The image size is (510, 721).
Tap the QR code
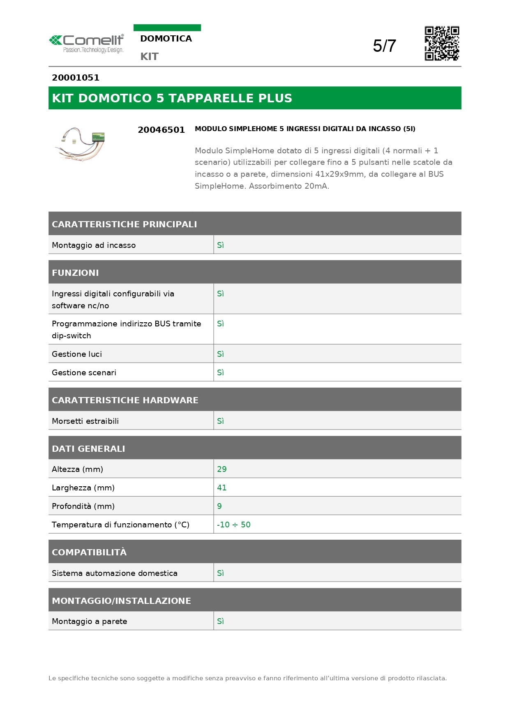pyautogui.click(x=442, y=43)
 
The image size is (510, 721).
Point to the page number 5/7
pyautogui.click(x=384, y=46)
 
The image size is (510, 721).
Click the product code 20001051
pyautogui.click(x=76, y=78)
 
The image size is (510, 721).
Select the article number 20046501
pyautogui.click(x=161, y=130)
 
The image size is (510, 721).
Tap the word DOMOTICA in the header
pyautogui.click(x=166, y=39)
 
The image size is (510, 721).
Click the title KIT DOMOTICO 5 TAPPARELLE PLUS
pyautogui.click(x=172, y=98)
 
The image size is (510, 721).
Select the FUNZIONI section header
pyautogui.click(x=75, y=273)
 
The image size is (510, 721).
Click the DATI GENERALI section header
pyautogui.click(x=88, y=448)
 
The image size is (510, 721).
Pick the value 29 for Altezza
pyautogui.click(x=222, y=469)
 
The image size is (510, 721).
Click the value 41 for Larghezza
pyautogui.click(x=222, y=488)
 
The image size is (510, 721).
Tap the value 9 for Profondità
pyautogui.click(x=219, y=506)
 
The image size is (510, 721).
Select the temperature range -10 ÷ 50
pyautogui.click(x=234, y=525)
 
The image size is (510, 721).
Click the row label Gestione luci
pyautogui.click(x=77, y=354)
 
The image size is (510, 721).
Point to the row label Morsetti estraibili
pyautogui.click(x=85, y=421)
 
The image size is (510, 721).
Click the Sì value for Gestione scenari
pyautogui.click(x=220, y=372)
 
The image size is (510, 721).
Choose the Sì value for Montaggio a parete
pyautogui.click(x=220, y=621)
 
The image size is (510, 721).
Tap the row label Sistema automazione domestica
pyautogui.click(x=115, y=573)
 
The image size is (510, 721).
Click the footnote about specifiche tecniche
pyautogui.click(x=247, y=678)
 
